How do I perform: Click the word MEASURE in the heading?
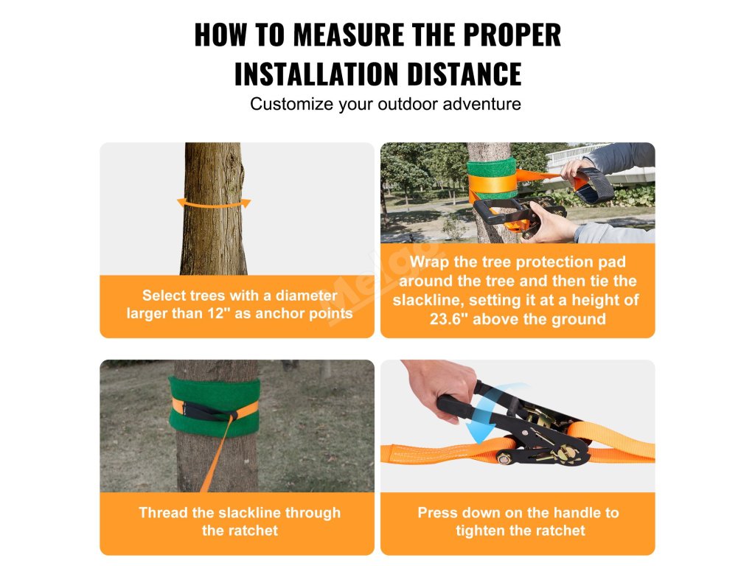point(349,35)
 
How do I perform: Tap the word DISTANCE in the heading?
point(465,74)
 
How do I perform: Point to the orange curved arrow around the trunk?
point(215,204)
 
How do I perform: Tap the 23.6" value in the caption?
point(448,319)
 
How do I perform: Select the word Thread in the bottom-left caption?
point(163,513)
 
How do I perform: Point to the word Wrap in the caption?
point(430,262)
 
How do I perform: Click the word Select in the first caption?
point(164,295)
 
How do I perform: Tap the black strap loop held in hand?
point(594,185)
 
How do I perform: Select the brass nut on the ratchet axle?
point(504,459)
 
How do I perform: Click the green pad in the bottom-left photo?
point(215,407)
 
